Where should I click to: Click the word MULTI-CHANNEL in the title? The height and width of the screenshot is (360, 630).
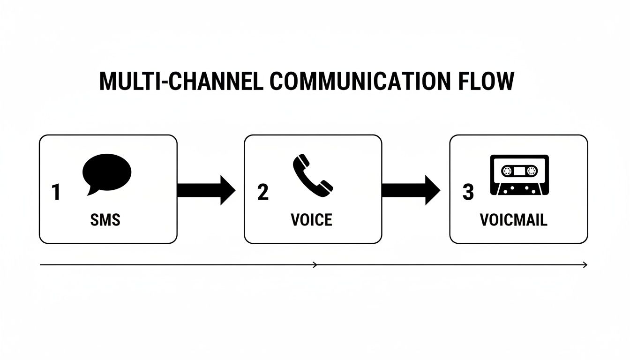(180, 82)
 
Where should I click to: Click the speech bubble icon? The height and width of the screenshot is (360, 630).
(107, 171)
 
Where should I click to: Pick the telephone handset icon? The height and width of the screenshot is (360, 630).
(313, 174)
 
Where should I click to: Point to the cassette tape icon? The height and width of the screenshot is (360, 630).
(519, 175)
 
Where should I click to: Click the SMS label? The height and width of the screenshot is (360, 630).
(105, 219)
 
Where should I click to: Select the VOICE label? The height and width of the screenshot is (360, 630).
(311, 219)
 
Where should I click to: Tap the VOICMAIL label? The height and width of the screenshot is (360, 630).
(513, 219)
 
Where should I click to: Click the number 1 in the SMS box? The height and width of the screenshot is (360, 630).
(56, 192)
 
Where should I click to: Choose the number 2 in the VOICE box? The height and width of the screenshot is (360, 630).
(263, 192)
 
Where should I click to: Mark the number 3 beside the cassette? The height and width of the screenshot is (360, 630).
(468, 192)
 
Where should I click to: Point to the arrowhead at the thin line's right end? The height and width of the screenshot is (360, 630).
(585, 265)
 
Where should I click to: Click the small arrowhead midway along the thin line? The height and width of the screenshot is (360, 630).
(315, 265)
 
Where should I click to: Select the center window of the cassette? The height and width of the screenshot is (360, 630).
(519, 171)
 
